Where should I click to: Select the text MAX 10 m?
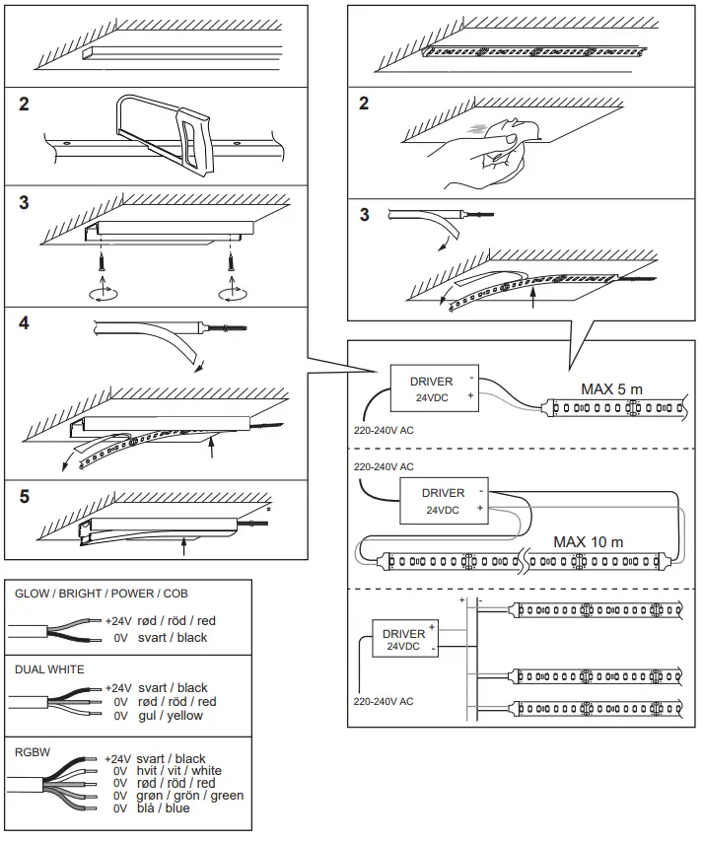tap(588, 541)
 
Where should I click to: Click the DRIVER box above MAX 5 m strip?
tap(431, 388)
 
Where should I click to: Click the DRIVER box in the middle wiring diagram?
tap(443, 501)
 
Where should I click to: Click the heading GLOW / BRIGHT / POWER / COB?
tap(102, 594)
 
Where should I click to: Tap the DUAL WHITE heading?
tap(49, 669)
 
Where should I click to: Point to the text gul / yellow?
tap(173, 716)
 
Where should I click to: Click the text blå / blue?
tap(164, 808)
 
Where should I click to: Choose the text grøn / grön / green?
tap(190, 796)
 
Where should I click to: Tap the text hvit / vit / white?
tap(179, 771)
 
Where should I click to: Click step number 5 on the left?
tap(25, 496)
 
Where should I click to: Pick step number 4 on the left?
tap(25, 324)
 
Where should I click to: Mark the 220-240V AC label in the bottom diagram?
tap(384, 702)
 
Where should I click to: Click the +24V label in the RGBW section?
tap(117, 759)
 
